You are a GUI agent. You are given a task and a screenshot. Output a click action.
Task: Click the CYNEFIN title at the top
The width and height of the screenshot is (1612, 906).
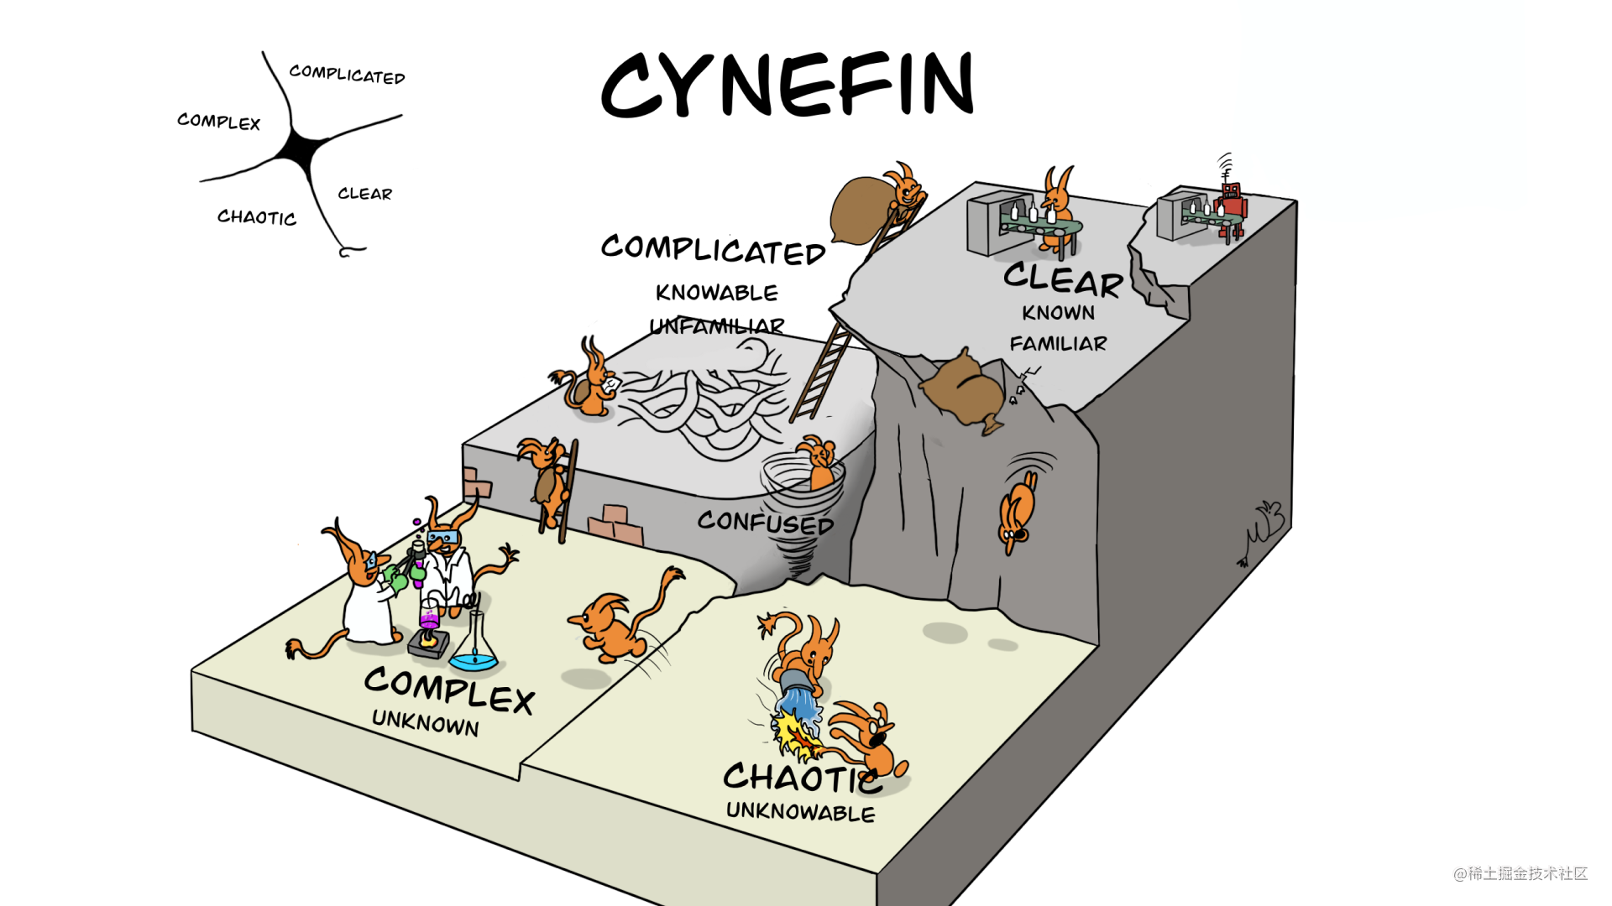pyautogui.click(x=788, y=84)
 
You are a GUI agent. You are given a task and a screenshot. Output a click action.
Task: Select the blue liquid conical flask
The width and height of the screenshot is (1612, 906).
pyautogui.click(x=475, y=646)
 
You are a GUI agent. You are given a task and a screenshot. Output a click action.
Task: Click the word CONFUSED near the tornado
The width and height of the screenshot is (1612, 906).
pyautogui.click(x=765, y=523)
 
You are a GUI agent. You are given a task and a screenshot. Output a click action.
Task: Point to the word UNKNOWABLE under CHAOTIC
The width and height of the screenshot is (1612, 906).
pyautogui.click(x=800, y=811)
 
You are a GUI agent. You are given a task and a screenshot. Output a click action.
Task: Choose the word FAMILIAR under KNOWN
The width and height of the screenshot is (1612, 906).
pyautogui.click(x=1058, y=343)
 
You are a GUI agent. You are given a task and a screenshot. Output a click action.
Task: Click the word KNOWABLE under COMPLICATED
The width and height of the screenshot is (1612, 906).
pyautogui.click(x=716, y=293)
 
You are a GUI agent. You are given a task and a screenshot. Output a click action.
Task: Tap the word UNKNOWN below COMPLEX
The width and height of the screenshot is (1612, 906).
pyautogui.click(x=425, y=721)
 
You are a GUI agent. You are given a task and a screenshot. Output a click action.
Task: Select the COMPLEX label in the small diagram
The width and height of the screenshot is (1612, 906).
pyautogui.click(x=218, y=122)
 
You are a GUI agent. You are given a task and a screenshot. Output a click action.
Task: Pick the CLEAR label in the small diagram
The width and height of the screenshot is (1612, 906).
pyautogui.click(x=364, y=194)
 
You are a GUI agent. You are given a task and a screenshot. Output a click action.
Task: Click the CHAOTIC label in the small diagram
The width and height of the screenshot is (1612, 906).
pyautogui.click(x=256, y=217)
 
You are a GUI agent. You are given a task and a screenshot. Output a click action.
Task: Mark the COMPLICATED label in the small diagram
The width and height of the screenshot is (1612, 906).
pyautogui.click(x=347, y=75)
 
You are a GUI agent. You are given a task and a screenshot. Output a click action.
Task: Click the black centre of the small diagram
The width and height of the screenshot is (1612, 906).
pyautogui.click(x=300, y=149)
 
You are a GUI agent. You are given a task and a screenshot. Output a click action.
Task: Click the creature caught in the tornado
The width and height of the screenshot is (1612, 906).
pyautogui.click(x=817, y=463)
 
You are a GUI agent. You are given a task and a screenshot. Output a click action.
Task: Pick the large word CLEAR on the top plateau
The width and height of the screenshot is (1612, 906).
pyautogui.click(x=1063, y=279)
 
